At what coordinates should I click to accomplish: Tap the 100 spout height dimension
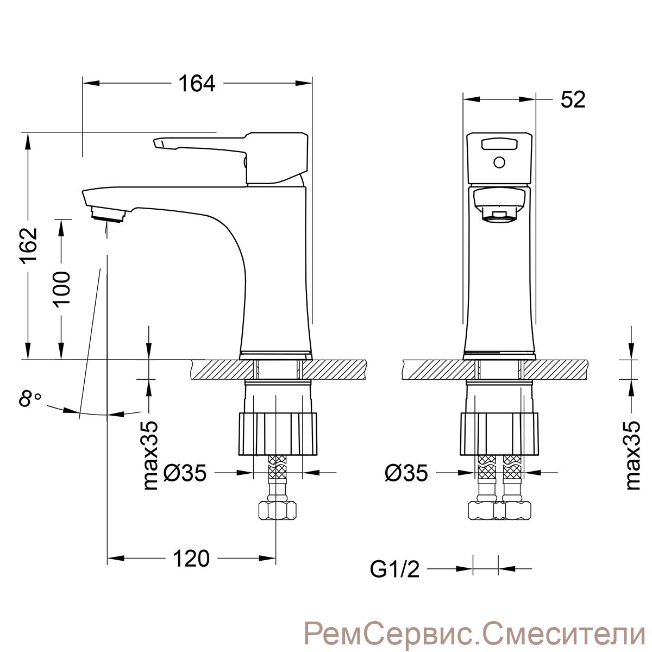(62, 287)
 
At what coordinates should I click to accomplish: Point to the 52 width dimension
(573, 99)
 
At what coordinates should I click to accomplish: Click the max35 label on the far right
(632, 455)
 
